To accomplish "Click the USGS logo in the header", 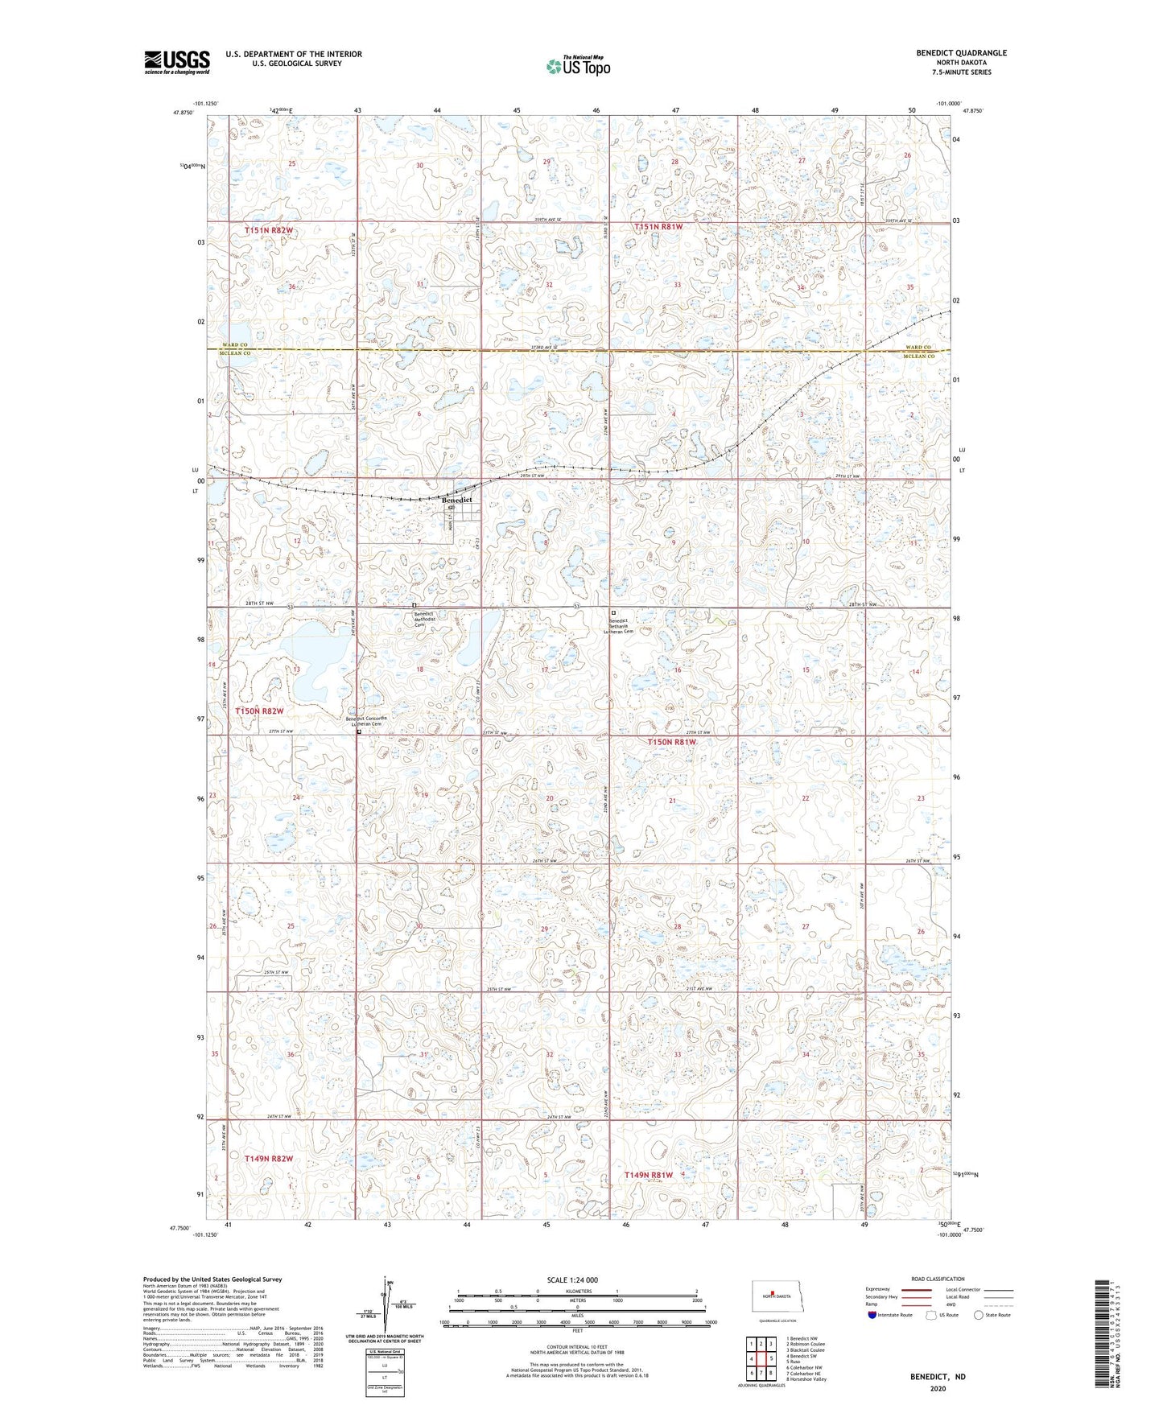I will (x=177, y=61).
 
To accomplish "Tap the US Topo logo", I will (x=578, y=66).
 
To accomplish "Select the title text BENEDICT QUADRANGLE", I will (x=961, y=53).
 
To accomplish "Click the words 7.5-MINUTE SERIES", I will (x=961, y=72).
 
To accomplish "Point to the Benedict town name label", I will (x=456, y=500).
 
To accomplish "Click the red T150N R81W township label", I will (x=671, y=742).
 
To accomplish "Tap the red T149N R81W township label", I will (x=649, y=1175).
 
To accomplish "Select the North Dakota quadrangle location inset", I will (x=777, y=1298).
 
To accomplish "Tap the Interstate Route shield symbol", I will (x=872, y=1315).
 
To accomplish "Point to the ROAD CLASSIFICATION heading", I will (x=938, y=1279).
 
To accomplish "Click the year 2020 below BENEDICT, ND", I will (x=938, y=1388).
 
